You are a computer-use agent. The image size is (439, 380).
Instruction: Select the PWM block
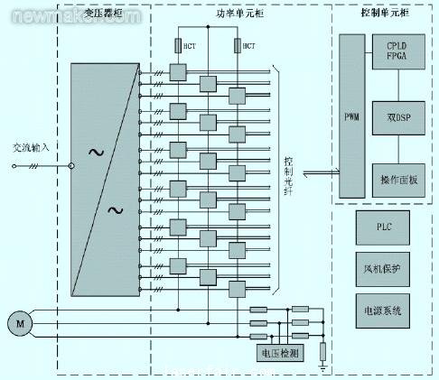pos(352,116)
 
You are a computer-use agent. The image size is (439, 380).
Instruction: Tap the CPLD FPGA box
pos(397,50)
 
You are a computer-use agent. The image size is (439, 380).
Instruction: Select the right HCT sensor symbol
pos(239,46)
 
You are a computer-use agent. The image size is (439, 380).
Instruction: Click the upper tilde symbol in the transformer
pos(94,151)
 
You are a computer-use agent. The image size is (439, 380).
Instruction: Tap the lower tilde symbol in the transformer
pos(116,210)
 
